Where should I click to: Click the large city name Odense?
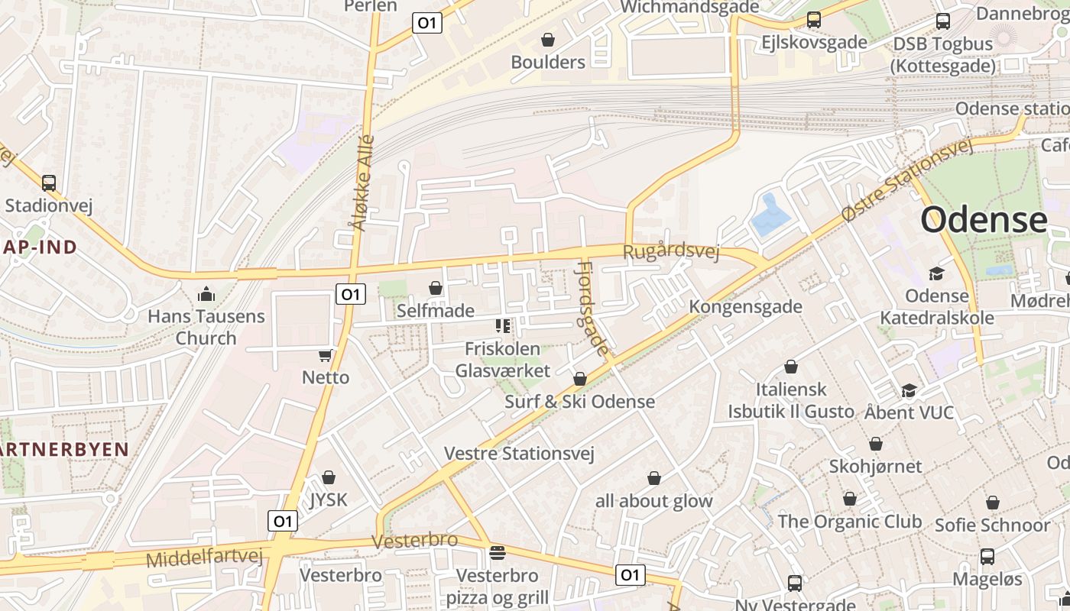click(x=984, y=220)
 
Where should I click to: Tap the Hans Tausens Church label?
click(x=206, y=327)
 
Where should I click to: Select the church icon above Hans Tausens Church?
click(x=206, y=294)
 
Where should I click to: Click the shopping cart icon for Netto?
click(x=326, y=355)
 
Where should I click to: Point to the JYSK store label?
click(x=329, y=500)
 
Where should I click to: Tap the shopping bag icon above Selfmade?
click(x=436, y=288)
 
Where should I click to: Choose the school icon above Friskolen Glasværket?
click(x=503, y=327)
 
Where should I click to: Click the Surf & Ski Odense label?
click(x=580, y=402)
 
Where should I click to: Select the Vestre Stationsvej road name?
click(x=519, y=454)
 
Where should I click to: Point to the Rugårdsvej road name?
click(x=671, y=251)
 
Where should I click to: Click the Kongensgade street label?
click(x=746, y=307)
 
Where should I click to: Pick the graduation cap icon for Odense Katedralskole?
click(x=936, y=273)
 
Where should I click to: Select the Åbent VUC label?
click(x=909, y=412)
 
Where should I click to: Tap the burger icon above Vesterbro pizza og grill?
click(x=498, y=552)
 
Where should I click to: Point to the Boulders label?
click(x=548, y=62)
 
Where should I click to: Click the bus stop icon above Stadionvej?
click(x=49, y=183)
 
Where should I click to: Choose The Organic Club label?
click(x=850, y=522)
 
